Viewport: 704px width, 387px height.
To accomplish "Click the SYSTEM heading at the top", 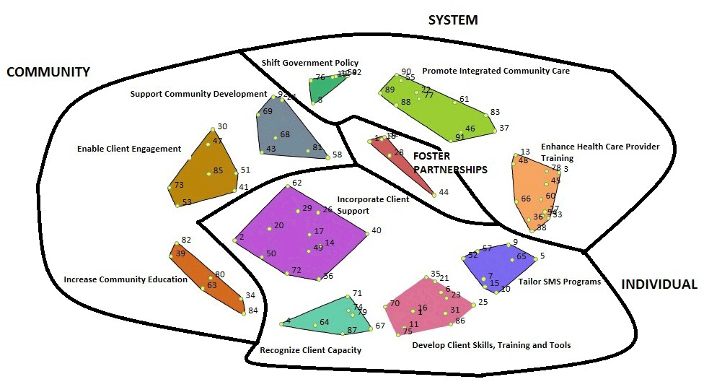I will point(453,19).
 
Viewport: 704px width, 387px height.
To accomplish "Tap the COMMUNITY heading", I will point(48,72).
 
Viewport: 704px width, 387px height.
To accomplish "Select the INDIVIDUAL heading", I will point(659,284).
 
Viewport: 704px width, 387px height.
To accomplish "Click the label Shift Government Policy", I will point(309,63).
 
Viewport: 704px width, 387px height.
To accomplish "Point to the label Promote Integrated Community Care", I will point(496,71).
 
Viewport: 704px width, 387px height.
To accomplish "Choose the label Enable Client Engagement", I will point(129,149).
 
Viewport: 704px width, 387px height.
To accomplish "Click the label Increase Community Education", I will point(126,279).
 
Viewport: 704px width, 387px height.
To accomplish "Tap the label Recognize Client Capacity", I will point(310,350).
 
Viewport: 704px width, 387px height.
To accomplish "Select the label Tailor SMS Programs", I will point(560,282).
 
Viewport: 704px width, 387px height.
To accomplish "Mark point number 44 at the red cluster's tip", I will point(434,193).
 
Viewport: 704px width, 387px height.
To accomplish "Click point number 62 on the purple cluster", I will point(288,186).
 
